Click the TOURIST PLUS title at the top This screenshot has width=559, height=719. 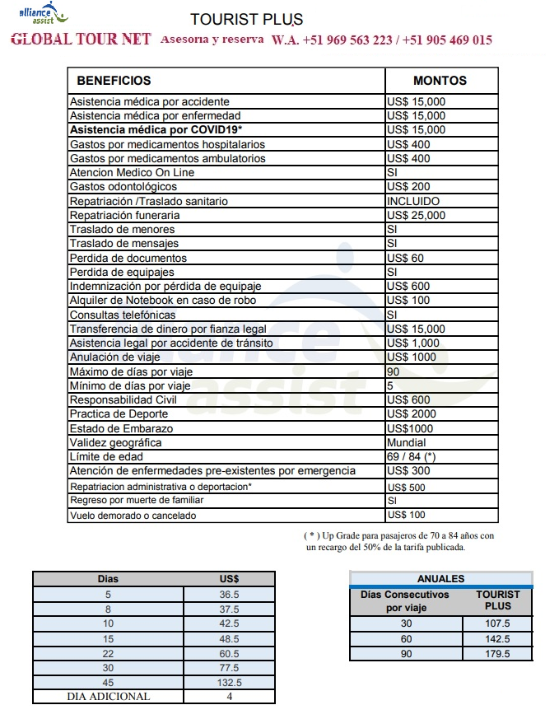tap(246, 19)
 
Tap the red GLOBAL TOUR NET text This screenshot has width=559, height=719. tap(81, 40)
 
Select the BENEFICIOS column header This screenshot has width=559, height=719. tap(114, 81)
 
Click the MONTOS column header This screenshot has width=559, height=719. tap(440, 81)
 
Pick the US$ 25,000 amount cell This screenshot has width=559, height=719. tap(416, 215)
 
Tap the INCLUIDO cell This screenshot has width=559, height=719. tap(413, 201)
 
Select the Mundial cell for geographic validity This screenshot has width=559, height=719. tap(406, 442)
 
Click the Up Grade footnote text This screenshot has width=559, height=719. tap(400, 541)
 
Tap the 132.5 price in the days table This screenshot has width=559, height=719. tap(229, 682)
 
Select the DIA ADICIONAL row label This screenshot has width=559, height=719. tap(109, 696)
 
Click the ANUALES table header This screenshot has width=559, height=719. tap(440, 578)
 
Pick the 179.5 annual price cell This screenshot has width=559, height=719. tap(497, 653)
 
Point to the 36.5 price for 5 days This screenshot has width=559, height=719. tap(229, 593)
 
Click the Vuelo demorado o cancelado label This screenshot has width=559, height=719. tap(133, 516)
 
